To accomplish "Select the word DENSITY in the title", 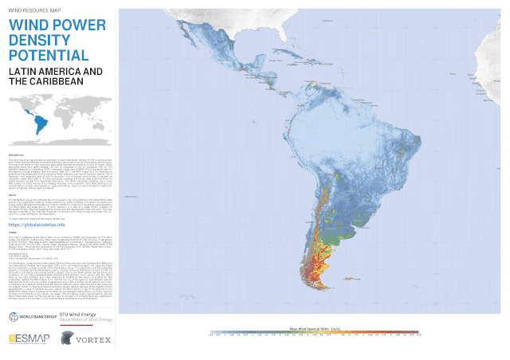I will [39, 41].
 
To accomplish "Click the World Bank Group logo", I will [27, 317].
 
